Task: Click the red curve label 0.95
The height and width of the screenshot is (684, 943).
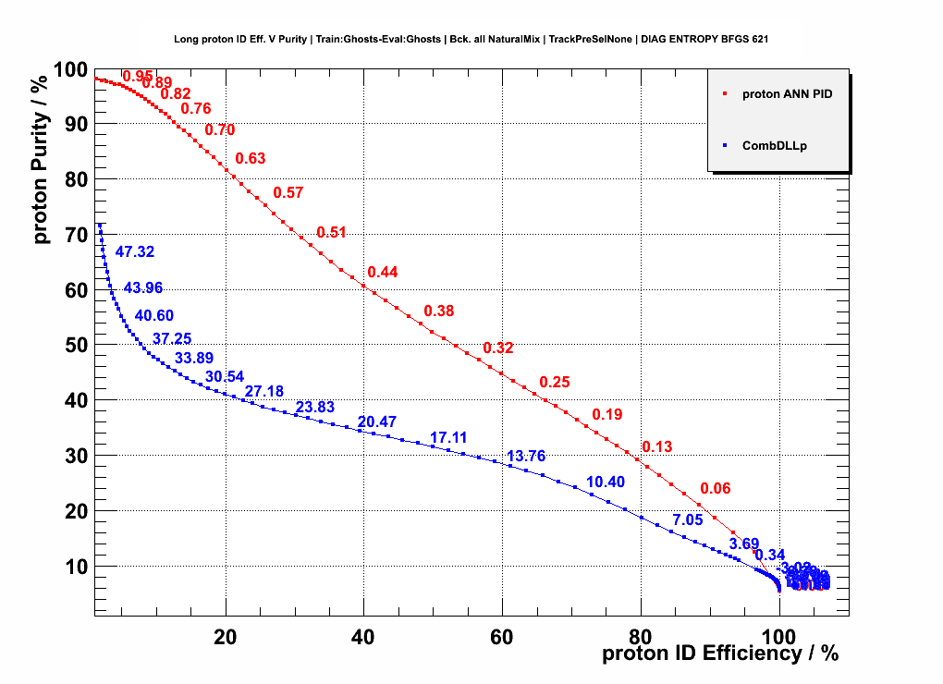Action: [x=138, y=77]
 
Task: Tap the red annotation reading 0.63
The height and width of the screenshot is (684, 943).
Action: [x=251, y=159]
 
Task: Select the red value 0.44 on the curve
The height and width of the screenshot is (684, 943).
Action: [x=383, y=273]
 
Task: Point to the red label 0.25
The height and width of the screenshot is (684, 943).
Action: [x=555, y=383]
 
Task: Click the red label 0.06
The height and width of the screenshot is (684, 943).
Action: [x=716, y=489]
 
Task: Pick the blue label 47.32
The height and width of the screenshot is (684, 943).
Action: [x=135, y=251]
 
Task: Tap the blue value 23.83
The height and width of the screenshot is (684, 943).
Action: [x=315, y=408]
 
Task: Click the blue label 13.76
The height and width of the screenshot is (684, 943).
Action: [x=527, y=457]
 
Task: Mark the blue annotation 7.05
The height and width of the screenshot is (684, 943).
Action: [x=688, y=520]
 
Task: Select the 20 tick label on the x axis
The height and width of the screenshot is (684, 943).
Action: [x=226, y=637]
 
